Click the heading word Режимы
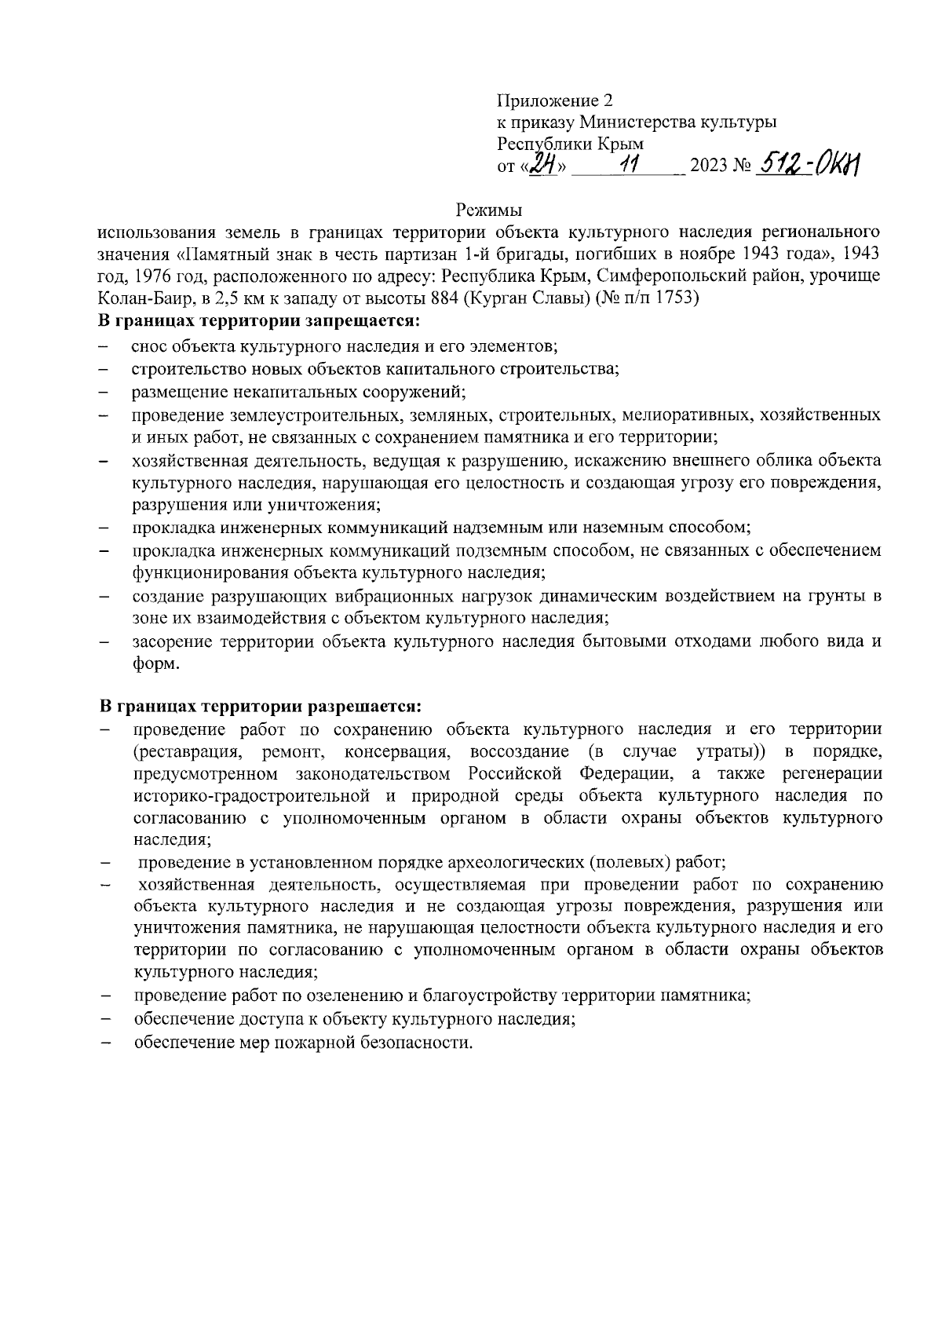tap(489, 210)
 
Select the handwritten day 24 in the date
tap(543, 165)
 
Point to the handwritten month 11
tap(629, 165)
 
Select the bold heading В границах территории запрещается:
tap(259, 321)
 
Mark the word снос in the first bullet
tap(149, 345)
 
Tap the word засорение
tap(172, 641)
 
